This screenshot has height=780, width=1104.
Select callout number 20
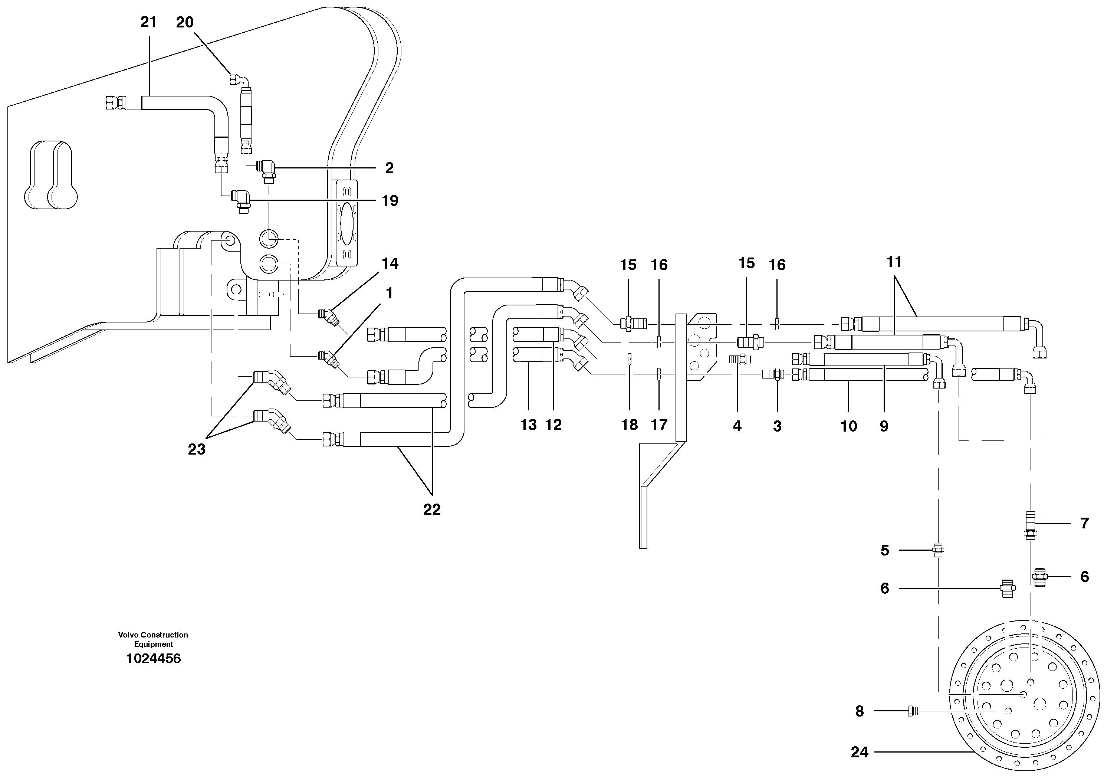click(x=185, y=22)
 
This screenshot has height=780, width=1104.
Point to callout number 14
click(x=390, y=263)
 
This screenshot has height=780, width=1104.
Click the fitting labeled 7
click(x=1029, y=527)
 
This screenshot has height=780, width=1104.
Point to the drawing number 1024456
click(x=153, y=658)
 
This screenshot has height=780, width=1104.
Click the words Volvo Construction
click(x=153, y=635)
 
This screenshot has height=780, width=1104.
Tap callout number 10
click(x=849, y=426)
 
